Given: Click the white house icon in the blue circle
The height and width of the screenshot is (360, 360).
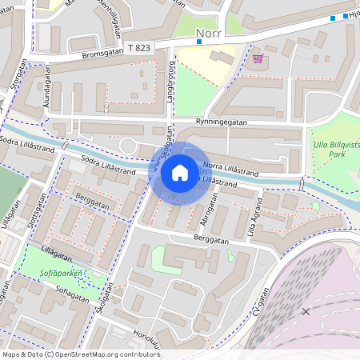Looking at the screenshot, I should [180, 172].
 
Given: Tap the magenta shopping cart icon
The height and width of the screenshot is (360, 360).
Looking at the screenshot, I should [258, 58].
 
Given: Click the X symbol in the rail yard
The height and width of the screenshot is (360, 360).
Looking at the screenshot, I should [306, 310].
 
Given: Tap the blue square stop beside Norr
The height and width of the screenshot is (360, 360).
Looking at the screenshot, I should [198, 41].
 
